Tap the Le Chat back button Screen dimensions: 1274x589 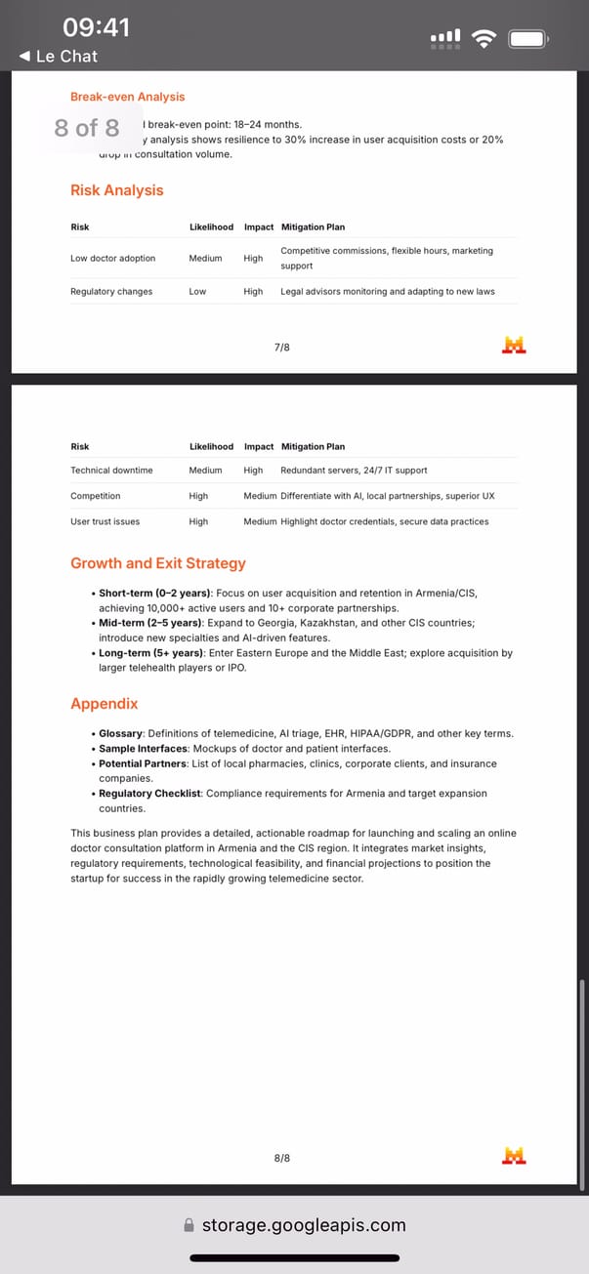click(x=59, y=57)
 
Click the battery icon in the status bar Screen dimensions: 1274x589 click(x=527, y=39)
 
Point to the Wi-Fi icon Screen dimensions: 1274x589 click(x=483, y=38)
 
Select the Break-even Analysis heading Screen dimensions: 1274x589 click(x=127, y=97)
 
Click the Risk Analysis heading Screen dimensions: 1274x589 click(x=116, y=190)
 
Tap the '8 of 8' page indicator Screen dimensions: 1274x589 click(x=87, y=128)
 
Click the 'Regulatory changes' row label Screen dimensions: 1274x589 click(x=111, y=292)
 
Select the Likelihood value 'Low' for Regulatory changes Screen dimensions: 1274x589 click(x=197, y=292)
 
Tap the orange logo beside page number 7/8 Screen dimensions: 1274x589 click(x=514, y=345)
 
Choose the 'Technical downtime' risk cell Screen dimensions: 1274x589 click(x=111, y=471)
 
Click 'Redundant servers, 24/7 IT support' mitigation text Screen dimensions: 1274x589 click(x=354, y=471)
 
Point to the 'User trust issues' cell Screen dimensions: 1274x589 click(x=105, y=521)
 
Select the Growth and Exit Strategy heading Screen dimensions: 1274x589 click(x=158, y=563)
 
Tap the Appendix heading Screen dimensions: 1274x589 click(x=105, y=704)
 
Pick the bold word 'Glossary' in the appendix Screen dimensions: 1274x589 click(x=122, y=733)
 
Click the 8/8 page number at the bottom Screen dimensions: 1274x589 click(x=282, y=1158)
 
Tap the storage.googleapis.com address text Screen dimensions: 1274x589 click(x=303, y=1225)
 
